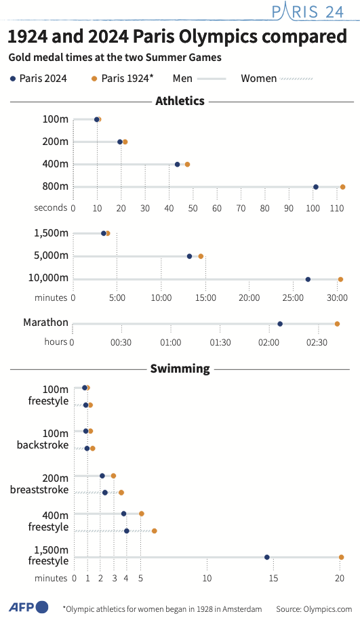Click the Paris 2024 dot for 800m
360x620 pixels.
coord(316,187)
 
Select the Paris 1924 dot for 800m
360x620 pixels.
coord(342,187)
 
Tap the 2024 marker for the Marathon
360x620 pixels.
coord(280,324)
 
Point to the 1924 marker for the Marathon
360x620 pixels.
coord(337,324)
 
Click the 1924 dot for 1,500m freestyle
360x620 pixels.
coord(342,557)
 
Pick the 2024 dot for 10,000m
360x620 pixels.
coord(308,280)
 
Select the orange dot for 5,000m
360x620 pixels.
coord(201,257)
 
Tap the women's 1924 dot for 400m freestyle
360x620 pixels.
coord(155,531)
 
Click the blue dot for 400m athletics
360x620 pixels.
coord(177,165)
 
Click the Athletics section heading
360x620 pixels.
coord(180,101)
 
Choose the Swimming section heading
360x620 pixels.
coord(180,369)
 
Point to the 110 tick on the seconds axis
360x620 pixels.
coord(337,208)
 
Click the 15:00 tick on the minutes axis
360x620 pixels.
coord(205,297)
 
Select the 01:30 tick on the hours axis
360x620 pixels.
coord(220,342)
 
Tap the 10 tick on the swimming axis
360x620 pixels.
coord(207,578)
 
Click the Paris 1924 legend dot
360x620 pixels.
coord(94,79)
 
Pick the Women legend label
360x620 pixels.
coord(259,79)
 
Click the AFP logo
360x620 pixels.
coord(28,607)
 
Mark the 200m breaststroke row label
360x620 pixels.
coord(39,484)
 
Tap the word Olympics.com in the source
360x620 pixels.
coord(327,609)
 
